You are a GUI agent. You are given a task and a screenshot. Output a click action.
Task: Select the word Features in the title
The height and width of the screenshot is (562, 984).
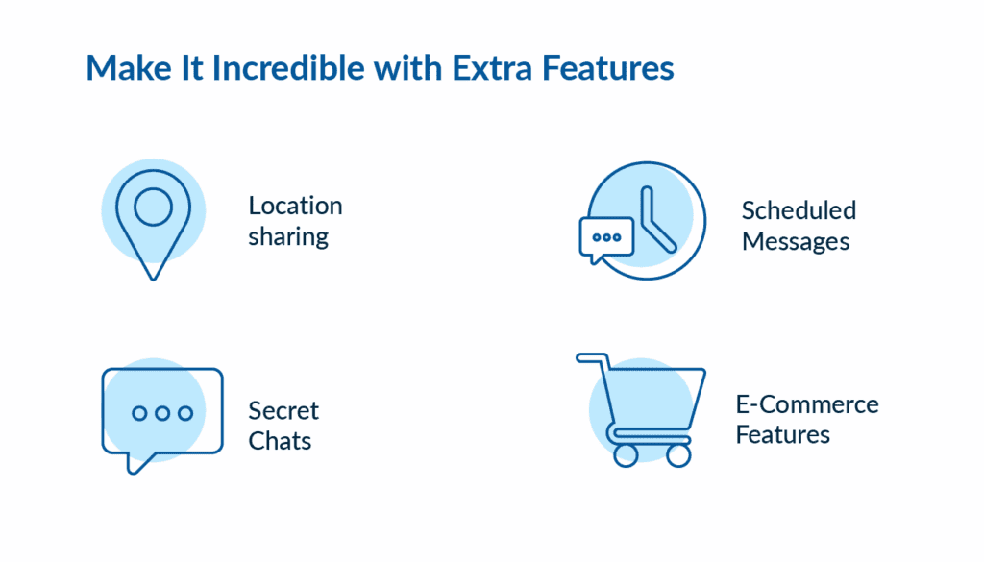610,68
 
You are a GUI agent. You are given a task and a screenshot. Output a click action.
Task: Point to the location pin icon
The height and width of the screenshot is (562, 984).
153,221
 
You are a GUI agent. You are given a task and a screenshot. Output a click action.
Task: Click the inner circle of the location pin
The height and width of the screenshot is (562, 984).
153,205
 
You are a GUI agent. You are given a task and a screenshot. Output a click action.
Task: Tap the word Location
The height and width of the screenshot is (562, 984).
295,206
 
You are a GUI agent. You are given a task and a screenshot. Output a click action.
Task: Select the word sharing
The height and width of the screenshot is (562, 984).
288,236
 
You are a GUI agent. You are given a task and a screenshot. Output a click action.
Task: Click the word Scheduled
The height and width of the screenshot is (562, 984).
798,210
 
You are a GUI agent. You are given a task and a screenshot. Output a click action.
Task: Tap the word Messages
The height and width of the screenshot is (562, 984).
796,241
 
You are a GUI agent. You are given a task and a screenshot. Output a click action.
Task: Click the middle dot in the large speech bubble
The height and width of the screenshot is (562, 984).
162,413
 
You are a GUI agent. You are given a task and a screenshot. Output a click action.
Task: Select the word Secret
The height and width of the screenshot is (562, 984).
283,410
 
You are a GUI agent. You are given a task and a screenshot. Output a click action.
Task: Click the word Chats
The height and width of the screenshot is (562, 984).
280,441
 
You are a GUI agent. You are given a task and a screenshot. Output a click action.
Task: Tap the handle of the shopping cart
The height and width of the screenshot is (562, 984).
592,357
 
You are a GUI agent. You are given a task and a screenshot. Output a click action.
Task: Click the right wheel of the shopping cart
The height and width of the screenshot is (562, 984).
678,454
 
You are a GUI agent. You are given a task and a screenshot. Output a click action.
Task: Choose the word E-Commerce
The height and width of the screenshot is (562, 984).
807,403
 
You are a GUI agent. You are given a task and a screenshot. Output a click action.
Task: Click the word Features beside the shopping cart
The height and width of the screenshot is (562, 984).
783,434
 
